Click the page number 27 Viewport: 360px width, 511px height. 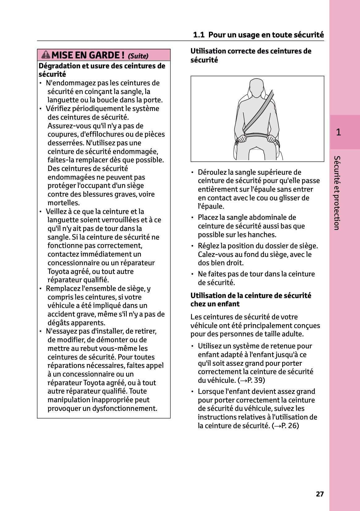(x=320, y=494)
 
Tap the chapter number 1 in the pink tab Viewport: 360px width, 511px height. (x=338, y=132)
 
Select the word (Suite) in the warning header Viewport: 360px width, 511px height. (x=138, y=56)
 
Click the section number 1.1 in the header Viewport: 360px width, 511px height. (x=199, y=35)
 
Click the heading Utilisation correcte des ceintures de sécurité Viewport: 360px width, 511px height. (x=251, y=55)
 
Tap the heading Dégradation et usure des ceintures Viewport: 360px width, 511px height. (x=102, y=70)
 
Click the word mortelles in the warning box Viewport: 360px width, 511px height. (x=63, y=203)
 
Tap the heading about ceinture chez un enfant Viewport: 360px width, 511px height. (x=251, y=300)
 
